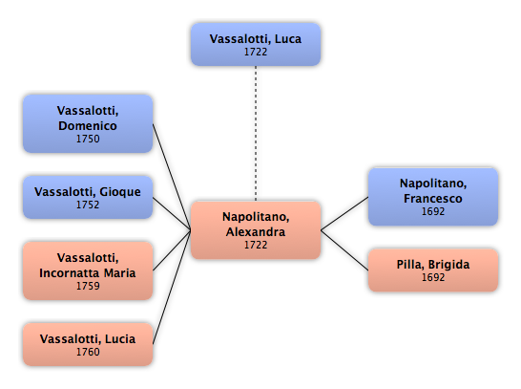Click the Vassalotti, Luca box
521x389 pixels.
tap(256, 44)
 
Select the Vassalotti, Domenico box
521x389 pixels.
tap(88, 123)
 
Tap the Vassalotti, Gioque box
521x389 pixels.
tap(88, 197)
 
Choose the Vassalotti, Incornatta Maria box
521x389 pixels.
tap(88, 270)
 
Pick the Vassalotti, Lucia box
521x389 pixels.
tap(88, 344)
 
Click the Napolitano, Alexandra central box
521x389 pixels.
tap(256, 230)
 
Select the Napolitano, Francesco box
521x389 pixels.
tap(433, 197)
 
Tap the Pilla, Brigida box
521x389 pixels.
tap(433, 270)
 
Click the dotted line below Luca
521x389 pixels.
tap(256, 133)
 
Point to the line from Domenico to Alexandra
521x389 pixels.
tap(172, 177)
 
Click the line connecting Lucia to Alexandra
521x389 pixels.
tap(172, 287)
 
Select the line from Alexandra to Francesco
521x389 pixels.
tap(344, 213)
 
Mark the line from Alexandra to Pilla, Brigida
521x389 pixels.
tap(344, 249)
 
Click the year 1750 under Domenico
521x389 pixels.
tap(88, 139)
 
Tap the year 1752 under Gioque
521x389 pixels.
tap(88, 205)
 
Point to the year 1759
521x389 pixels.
tap(88, 286)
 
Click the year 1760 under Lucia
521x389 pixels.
tap(88, 352)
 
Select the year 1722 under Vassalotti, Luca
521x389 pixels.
tap(256, 52)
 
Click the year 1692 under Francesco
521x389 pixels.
tap(433, 211)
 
